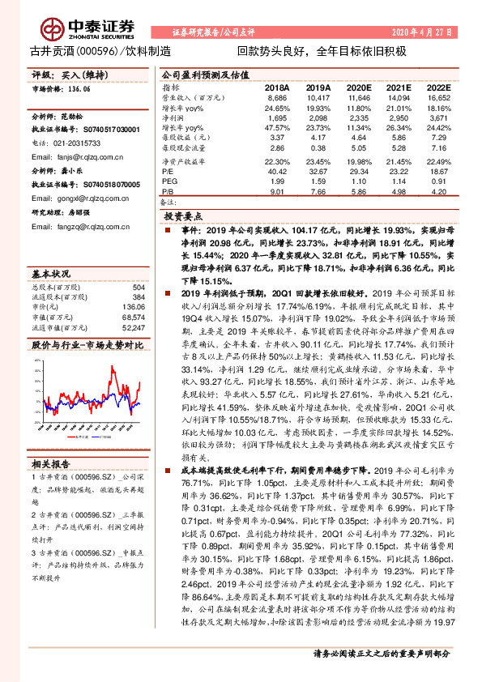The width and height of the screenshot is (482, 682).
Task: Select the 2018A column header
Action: (x=277, y=87)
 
